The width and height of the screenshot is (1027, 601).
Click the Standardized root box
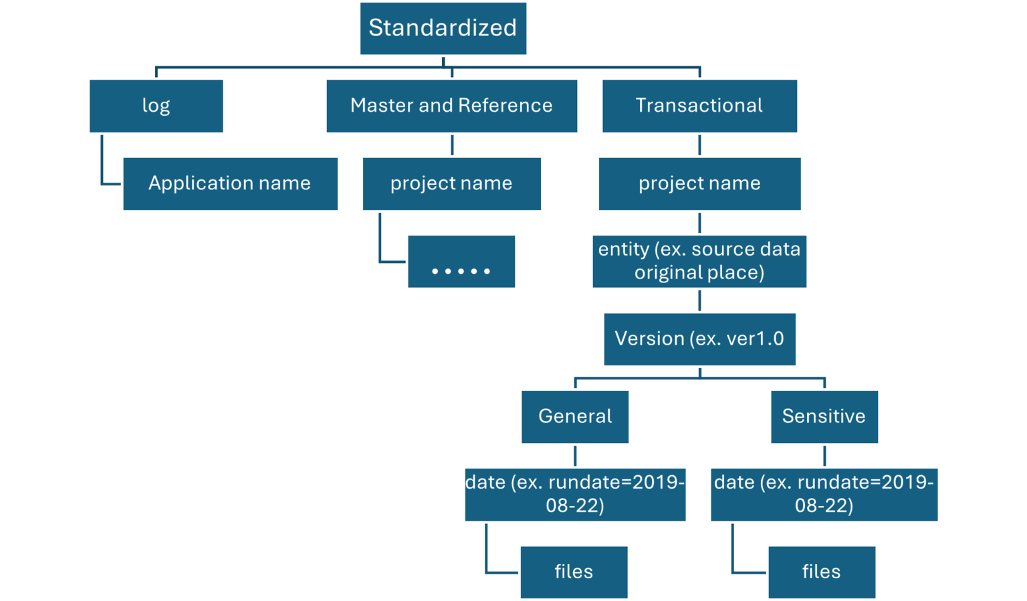click(443, 29)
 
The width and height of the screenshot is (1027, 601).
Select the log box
click(156, 106)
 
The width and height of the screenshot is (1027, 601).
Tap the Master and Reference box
click(451, 106)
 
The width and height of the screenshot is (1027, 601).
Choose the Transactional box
click(699, 106)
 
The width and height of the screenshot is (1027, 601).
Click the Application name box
click(230, 184)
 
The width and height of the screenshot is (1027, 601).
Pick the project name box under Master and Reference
click(451, 184)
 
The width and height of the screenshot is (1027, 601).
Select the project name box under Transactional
click(699, 184)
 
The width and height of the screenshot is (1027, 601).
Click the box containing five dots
click(461, 262)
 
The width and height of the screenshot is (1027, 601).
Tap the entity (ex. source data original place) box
click(699, 261)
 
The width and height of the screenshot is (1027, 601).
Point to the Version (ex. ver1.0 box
click(699, 339)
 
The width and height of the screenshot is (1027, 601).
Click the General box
click(575, 416)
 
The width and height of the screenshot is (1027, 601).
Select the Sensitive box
click(824, 416)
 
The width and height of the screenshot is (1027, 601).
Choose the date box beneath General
click(575, 494)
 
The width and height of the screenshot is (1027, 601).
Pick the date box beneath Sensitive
click(824, 494)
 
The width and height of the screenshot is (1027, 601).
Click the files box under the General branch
click(574, 572)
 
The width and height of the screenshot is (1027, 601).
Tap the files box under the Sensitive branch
click(821, 572)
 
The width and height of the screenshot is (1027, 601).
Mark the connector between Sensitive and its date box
click(824, 456)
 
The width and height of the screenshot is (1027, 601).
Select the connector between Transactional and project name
click(699, 145)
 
